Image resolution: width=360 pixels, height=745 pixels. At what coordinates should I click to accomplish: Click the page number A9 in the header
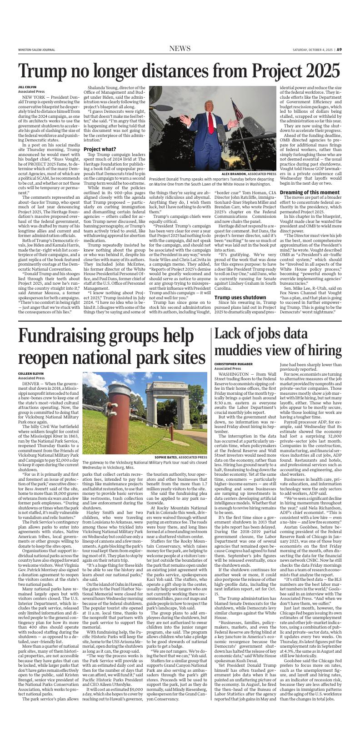[339, 50]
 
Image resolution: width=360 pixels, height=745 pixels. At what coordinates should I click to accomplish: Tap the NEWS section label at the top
[180, 49]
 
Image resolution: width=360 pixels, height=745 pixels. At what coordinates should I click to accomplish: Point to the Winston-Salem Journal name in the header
[34, 50]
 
